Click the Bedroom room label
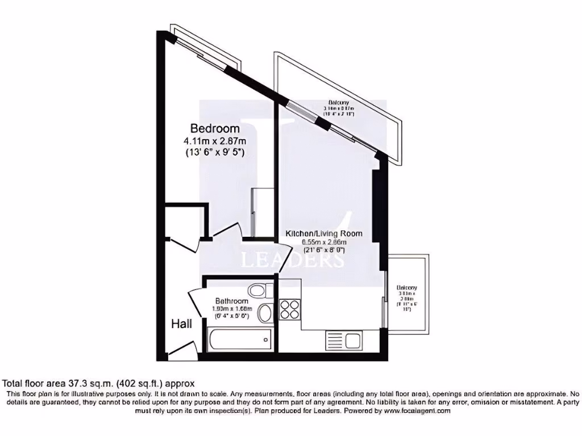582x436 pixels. click(215, 128)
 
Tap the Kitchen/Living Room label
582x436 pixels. click(323, 233)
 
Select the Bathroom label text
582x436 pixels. click(231, 301)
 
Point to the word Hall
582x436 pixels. click(181, 324)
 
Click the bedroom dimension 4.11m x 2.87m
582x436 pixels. click(215, 141)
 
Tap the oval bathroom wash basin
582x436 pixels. click(264, 313)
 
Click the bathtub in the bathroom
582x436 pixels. click(239, 339)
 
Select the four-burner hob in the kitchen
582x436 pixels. click(290, 310)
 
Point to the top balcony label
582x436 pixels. click(338, 108)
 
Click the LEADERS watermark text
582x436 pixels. click(292, 260)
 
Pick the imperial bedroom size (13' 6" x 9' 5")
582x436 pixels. click(215, 152)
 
